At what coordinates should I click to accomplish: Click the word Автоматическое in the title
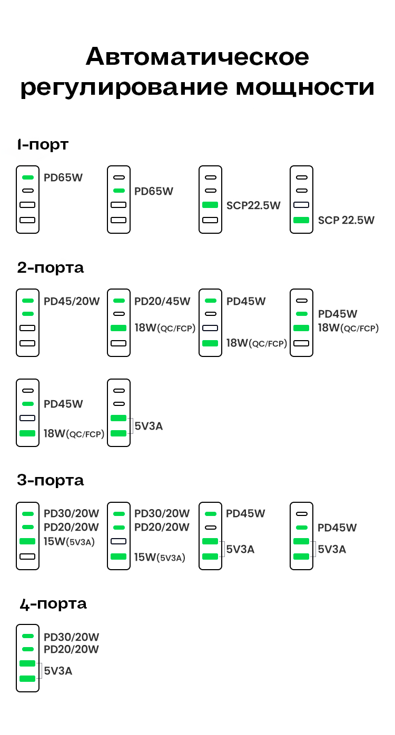[x=197, y=57]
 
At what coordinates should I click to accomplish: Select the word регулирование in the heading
[x=123, y=87]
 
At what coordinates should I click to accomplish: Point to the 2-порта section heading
[x=50, y=267]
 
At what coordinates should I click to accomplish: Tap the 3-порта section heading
[x=50, y=480]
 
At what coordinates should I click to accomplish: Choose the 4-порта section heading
[x=53, y=604]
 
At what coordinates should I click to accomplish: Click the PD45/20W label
[x=72, y=302]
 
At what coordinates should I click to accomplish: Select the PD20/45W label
[x=162, y=302]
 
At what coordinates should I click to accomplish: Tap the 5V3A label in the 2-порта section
[x=149, y=426]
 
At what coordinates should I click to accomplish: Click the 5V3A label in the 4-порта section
[x=58, y=671]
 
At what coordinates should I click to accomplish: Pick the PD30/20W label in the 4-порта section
[x=71, y=638]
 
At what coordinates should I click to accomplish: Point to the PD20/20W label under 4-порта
[x=71, y=650]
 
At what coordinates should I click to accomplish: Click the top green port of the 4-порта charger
[x=27, y=636]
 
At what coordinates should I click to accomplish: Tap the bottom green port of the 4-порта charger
[x=27, y=679]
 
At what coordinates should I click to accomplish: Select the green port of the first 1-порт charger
[x=27, y=177]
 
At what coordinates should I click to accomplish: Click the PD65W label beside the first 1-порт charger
[x=63, y=177]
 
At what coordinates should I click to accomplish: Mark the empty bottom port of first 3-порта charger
[x=27, y=557]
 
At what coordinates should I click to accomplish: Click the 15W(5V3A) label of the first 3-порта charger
[x=69, y=541]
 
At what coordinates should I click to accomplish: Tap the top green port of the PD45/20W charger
[x=27, y=301]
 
